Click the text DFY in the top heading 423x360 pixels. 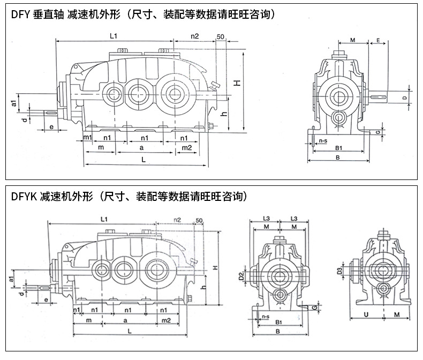tap(20, 14)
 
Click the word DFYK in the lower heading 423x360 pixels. tap(22, 196)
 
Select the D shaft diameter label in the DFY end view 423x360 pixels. tap(404, 97)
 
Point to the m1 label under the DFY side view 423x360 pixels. tap(88, 138)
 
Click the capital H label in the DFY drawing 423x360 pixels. tap(236, 82)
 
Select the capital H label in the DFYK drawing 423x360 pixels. tap(214, 268)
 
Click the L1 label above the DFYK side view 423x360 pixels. tap(104, 220)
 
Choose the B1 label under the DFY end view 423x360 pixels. tap(338, 148)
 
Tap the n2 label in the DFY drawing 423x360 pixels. tap(195, 36)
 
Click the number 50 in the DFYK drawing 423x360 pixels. tap(199, 221)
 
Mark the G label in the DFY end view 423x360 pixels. tap(378, 130)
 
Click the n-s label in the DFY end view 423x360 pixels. tap(323, 140)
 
